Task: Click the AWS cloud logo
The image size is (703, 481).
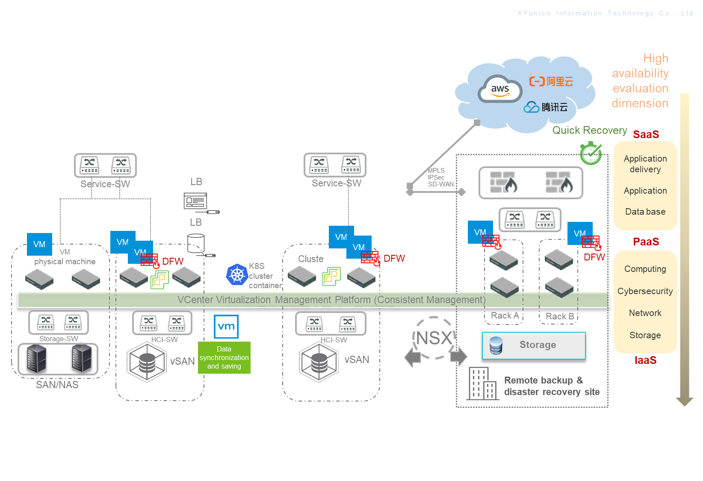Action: pyautogui.click(x=500, y=89)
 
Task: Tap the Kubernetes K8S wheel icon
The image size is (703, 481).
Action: pyautogui.click(x=237, y=274)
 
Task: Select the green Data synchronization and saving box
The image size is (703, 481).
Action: pyautogui.click(x=224, y=357)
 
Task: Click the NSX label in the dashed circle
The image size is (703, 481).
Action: pyautogui.click(x=434, y=338)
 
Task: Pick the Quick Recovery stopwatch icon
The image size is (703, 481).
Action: pyautogui.click(x=591, y=153)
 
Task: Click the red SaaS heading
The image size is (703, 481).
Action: pyautogui.click(x=646, y=134)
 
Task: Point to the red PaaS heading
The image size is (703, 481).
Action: pyautogui.click(x=646, y=242)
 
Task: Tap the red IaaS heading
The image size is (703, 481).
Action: pyautogui.click(x=645, y=360)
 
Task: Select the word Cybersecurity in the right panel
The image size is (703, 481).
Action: pyautogui.click(x=645, y=291)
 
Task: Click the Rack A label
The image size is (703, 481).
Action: pyautogui.click(x=505, y=316)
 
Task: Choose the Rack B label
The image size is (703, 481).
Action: pyautogui.click(x=560, y=316)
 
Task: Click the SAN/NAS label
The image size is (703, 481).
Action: pyautogui.click(x=57, y=385)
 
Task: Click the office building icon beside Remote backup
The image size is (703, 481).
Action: pyautogui.click(x=482, y=384)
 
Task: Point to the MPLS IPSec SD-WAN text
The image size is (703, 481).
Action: pyautogui.click(x=440, y=177)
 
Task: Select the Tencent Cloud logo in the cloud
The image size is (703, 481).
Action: pyautogui.click(x=546, y=107)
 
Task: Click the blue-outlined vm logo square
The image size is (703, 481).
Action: pyautogui.click(x=226, y=327)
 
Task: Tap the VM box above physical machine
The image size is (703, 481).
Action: pyautogui.click(x=39, y=244)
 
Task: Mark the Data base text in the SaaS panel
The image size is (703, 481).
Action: pyautogui.click(x=645, y=212)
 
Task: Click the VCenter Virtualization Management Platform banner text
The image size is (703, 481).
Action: pyautogui.click(x=331, y=300)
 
